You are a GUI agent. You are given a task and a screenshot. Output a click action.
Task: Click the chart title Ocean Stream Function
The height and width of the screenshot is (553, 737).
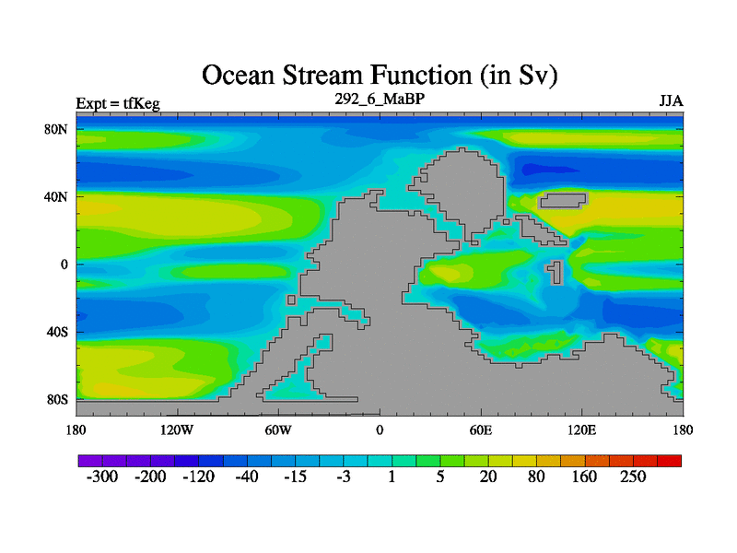tap(380, 76)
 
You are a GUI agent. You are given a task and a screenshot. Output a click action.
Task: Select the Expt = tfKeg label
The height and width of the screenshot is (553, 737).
tap(118, 103)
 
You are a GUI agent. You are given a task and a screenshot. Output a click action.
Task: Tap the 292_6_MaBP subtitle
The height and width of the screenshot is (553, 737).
tap(380, 99)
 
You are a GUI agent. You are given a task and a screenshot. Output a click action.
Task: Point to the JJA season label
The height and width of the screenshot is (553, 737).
tap(672, 101)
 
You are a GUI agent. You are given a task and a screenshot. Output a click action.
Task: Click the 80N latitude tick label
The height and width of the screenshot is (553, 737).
tap(56, 129)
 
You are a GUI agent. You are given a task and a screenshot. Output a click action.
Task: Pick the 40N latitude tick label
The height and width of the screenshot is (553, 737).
tap(56, 196)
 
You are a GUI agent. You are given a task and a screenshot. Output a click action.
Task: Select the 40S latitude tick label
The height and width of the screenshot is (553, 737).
tap(57, 332)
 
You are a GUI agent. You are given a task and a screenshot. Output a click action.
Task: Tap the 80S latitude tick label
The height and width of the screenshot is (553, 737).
tap(57, 400)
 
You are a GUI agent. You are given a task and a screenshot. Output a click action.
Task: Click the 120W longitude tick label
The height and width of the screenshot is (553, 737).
tap(177, 429)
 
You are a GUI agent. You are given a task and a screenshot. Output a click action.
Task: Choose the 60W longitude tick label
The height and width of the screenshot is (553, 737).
tap(278, 429)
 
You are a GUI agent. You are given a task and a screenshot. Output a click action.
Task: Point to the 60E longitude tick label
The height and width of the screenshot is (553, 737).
tap(481, 429)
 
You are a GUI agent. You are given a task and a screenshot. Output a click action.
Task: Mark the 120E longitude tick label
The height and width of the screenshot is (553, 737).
tap(582, 429)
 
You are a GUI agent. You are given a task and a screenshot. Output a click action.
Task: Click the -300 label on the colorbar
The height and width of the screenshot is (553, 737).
tap(102, 477)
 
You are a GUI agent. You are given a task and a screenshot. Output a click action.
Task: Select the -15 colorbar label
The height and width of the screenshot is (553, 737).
tap(295, 477)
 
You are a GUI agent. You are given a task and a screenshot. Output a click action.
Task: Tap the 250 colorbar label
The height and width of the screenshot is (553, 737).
tap(633, 477)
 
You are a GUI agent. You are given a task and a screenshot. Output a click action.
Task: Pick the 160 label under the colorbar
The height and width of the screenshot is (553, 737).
tap(584, 477)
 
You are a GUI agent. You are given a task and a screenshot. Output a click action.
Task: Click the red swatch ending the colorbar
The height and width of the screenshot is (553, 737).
tap(670, 461)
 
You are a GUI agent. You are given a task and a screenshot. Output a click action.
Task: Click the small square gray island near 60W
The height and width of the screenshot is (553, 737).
tap(291, 300)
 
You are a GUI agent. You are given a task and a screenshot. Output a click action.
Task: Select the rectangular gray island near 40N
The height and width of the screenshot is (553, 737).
tap(563, 201)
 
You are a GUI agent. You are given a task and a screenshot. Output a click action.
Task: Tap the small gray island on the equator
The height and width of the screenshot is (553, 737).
tap(556, 272)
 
